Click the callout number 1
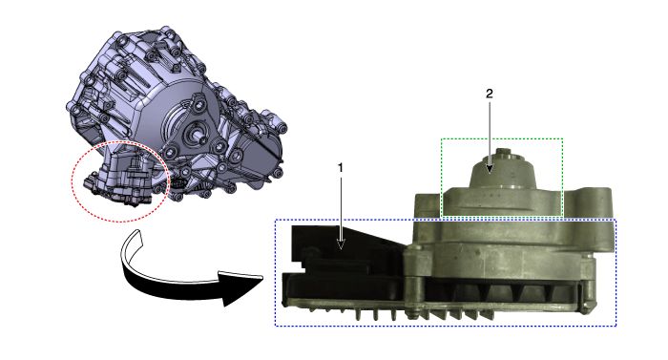pyautogui.click(x=340, y=168)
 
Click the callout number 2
pyautogui.click(x=489, y=94)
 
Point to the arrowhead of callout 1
pyautogui.click(x=341, y=244)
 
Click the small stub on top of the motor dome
pyautogui.click(x=504, y=152)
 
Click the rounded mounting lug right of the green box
pyautogui.click(x=594, y=201)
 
